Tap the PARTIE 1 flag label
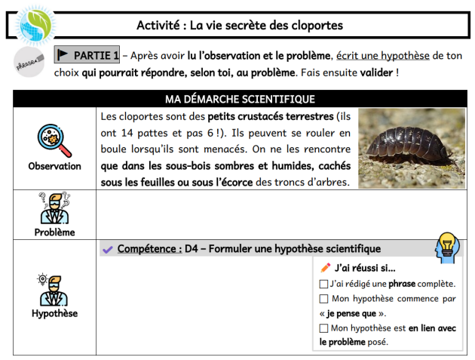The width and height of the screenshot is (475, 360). pos(87,56)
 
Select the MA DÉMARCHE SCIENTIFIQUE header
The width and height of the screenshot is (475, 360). pos(240,99)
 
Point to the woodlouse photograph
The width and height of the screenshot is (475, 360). pos(411,147)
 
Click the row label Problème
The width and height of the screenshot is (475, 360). pos(54,232)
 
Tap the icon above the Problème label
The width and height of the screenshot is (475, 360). pos(54,208)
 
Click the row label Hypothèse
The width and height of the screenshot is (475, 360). pos(54,313)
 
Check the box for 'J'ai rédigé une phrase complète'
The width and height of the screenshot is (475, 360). pos(323,285)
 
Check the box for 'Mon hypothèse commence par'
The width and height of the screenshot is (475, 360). pos(323,299)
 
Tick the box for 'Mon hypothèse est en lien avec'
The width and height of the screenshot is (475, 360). pos(323,328)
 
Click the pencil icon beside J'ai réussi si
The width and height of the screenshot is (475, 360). pos(326,267)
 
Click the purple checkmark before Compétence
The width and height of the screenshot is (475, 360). pos(108,249)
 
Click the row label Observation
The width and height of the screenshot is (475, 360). pos(54,166)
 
